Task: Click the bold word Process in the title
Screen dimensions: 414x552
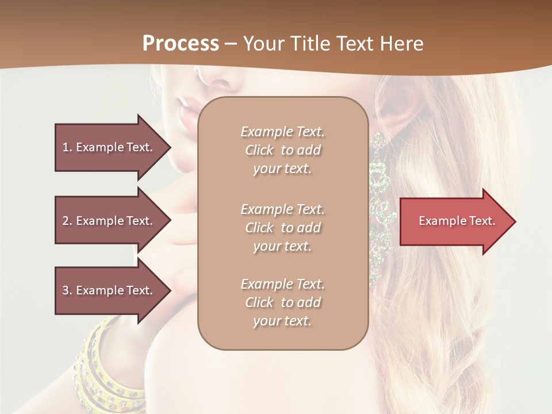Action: [x=181, y=44]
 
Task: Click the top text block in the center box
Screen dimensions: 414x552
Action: [x=282, y=150]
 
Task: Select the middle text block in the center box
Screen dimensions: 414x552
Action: [x=282, y=228]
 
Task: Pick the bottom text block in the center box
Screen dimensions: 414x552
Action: [x=282, y=302]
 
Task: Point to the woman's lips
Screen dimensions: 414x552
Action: [x=187, y=112]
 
